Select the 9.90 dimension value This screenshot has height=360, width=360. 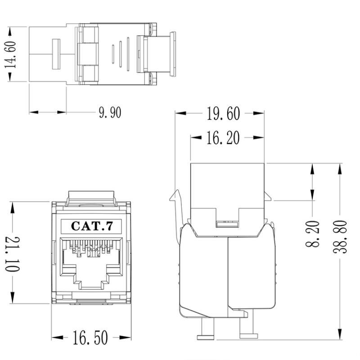click(x=110, y=112)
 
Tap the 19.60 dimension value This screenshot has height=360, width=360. click(x=223, y=114)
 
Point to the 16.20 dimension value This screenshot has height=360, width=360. click(x=223, y=138)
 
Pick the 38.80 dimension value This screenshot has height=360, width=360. click(x=340, y=236)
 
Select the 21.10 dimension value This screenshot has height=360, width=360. click(x=12, y=254)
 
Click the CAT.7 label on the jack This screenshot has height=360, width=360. click(x=91, y=226)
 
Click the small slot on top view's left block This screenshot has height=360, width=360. click(x=56, y=54)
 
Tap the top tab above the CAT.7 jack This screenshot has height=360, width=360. click(x=91, y=198)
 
